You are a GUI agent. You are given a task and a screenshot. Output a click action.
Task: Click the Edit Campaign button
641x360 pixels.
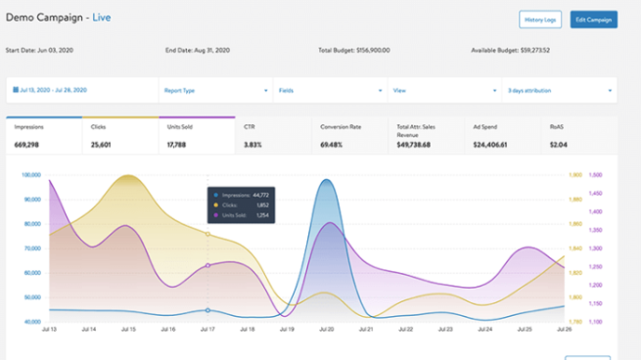(x=593, y=20)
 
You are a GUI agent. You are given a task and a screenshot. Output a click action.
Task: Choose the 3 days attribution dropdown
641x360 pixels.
(x=558, y=90)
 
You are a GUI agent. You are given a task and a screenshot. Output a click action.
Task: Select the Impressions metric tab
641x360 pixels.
(x=44, y=136)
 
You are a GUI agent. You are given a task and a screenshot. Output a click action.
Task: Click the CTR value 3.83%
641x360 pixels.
(x=254, y=146)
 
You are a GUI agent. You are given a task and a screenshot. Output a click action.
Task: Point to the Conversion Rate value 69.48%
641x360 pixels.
(x=336, y=146)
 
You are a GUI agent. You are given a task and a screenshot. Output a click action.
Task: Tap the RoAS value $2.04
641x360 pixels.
(x=559, y=146)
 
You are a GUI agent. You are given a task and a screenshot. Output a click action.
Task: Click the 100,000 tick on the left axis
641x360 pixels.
(x=30, y=175)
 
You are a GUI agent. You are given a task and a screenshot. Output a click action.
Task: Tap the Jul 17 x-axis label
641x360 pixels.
(x=206, y=330)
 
